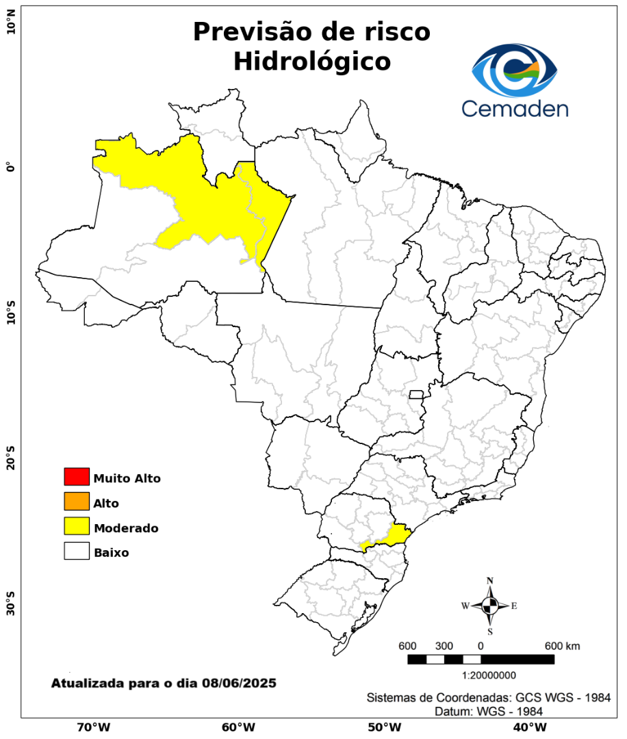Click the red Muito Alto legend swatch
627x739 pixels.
[77, 476]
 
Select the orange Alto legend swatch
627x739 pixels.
[77, 502]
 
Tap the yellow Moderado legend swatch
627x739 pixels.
[77, 526]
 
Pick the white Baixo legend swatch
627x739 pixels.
[77, 551]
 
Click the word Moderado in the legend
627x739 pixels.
[127, 528]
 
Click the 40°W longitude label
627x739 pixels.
[528, 727]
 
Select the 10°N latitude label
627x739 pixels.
[10, 27]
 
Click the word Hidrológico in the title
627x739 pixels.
[312, 62]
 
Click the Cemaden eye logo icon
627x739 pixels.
[515, 70]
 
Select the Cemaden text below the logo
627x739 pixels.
[515, 108]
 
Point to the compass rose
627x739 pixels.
[490, 606]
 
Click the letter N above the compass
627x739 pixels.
[490, 581]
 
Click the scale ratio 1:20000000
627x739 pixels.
[489, 676]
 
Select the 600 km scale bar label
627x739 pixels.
[563, 646]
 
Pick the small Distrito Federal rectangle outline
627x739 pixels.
[416, 394]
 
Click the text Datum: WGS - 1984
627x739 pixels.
[489, 712]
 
